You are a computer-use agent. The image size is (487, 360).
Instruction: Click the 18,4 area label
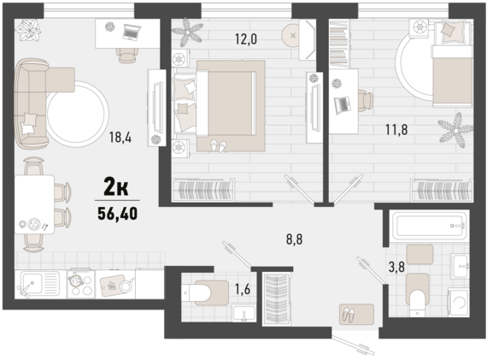pyautogui.click(x=120, y=137)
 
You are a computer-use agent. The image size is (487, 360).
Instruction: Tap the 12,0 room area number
pyautogui.click(x=246, y=39)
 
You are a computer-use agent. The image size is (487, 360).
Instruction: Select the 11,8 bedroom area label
pyautogui.click(x=396, y=130)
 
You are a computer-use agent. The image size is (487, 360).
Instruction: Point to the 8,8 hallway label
pyautogui.click(x=294, y=239)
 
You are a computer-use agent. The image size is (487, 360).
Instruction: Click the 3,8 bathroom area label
pyautogui.click(x=397, y=267)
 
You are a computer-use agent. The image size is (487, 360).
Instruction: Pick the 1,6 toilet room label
pyautogui.click(x=243, y=289)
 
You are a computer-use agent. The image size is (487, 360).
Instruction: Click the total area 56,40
pyautogui.click(x=117, y=214)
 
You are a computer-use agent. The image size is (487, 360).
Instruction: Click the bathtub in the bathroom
pyautogui.click(x=429, y=225)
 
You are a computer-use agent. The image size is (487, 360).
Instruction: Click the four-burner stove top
pyautogui.click(x=81, y=285)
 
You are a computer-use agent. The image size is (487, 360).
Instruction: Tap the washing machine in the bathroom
pyautogui.click(x=459, y=301)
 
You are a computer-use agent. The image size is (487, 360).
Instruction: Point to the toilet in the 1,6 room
pyautogui.click(x=206, y=292)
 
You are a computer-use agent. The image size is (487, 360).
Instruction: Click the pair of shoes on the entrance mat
pyautogui.click(x=349, y=315)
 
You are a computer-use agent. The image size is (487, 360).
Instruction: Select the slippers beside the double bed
pyautogui.click(x=219, y=146)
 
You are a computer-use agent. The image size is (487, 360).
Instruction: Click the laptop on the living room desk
pyautogui.click(x=132, y=32)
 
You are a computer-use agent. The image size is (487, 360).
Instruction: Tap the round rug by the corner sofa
pyautogui.click(x=78, y=114)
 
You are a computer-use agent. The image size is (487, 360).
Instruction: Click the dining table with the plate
pyautogui.click(x=34, y=204)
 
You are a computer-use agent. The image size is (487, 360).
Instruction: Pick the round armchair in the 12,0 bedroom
pyautogui.click(x=290, y=35)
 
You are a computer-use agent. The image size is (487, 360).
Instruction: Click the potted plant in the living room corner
pyautogui.click(x=28, y=30)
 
